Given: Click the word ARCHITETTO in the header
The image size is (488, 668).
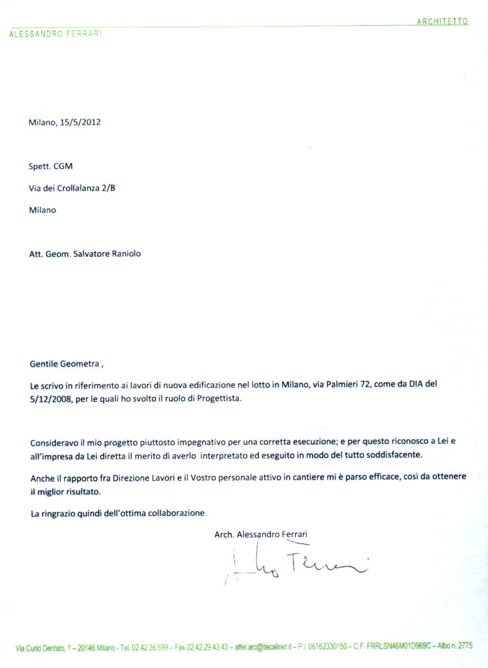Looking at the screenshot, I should [442, 22].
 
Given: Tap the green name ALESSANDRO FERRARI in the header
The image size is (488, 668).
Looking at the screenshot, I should [55, 34].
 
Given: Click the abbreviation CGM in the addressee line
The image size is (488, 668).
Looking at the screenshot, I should [63, 166].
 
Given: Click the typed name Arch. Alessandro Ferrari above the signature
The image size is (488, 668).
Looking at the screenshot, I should [260, 534].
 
